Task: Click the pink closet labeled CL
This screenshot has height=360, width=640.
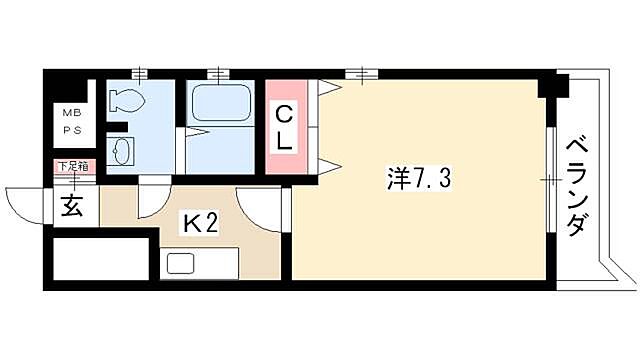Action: point(285,126)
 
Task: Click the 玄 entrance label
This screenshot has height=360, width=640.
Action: point(71,207)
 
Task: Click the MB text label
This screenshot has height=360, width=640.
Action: point(74,114)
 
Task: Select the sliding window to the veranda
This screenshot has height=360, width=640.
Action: point(549,180)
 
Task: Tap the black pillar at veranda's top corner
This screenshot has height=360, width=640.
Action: point(547,86)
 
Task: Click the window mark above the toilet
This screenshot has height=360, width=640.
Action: point(138,73)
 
